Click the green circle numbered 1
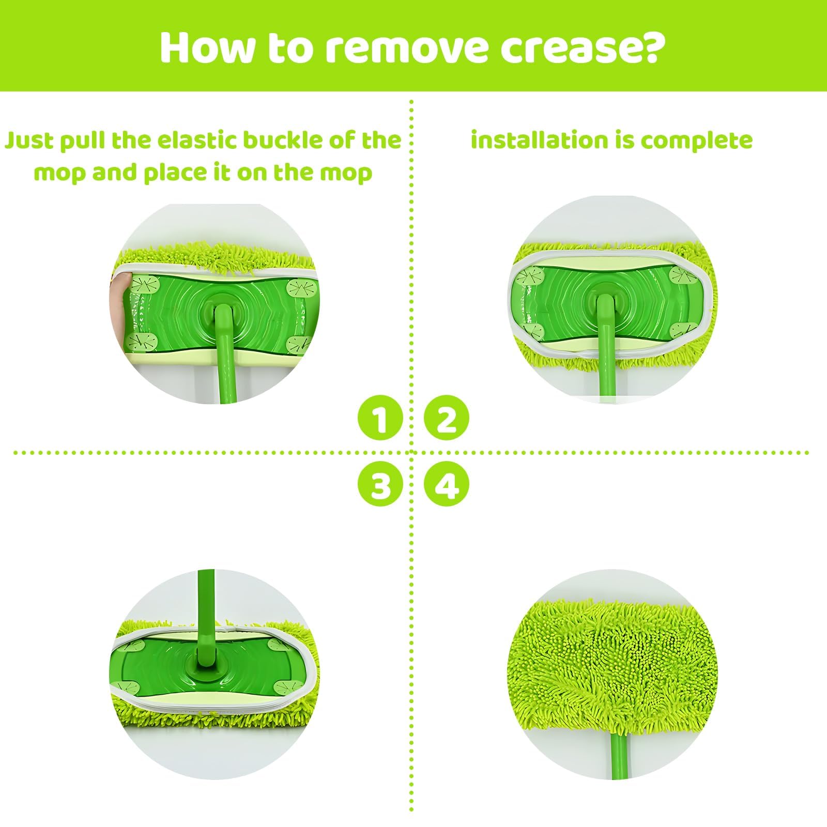point(380,419)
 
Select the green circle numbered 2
point(447,419)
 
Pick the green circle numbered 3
point(380,485)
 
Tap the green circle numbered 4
point(447,485)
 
